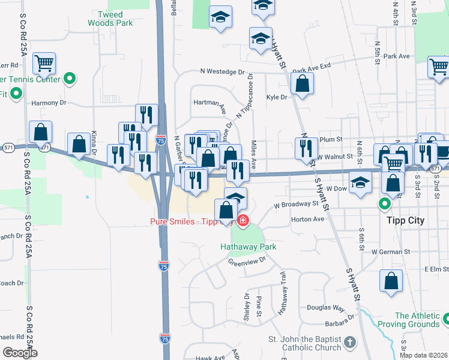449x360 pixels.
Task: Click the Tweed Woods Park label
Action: click(110, 18)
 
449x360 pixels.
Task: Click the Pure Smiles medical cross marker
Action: click(243, 221)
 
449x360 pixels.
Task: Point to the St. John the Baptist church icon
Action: click(350, 343)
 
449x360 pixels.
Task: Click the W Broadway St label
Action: click(296, 204)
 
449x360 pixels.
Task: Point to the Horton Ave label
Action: click(307, 219)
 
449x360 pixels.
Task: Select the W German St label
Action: click(394, 251)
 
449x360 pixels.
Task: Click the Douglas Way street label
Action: click(325, 308)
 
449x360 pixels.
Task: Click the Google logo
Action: click(20, 353)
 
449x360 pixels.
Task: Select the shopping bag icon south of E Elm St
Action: click(391, 282)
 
